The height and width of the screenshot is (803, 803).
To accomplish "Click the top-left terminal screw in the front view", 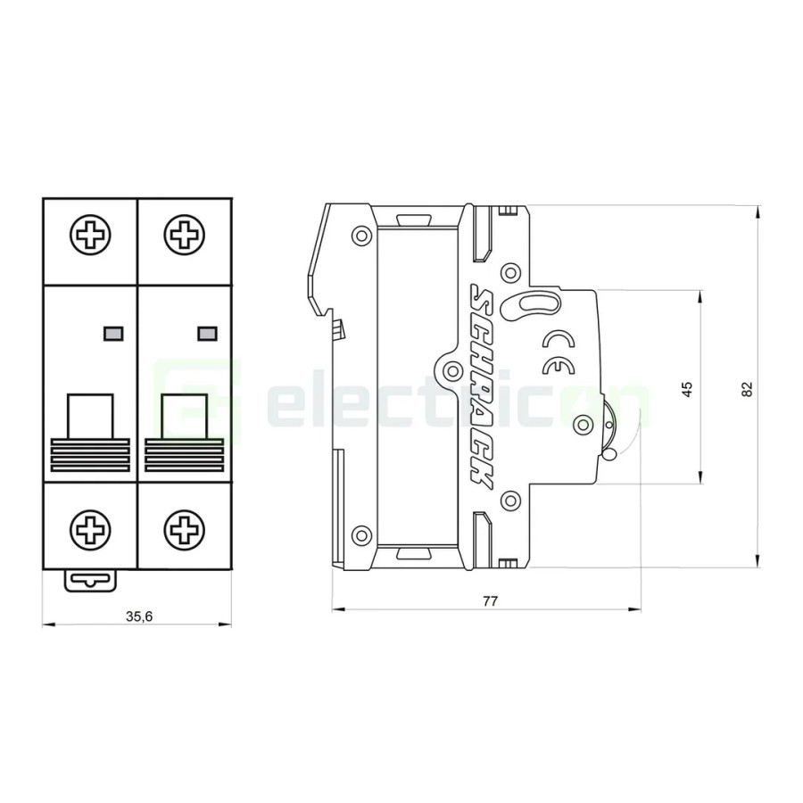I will coord(90,236).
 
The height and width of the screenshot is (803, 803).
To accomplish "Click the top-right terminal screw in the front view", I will coord(184,236).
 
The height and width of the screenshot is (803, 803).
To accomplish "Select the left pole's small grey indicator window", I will coord(113,334).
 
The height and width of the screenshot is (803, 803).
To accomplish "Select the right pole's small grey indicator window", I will coord(206,334).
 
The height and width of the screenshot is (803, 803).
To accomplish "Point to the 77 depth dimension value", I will coord(489,600).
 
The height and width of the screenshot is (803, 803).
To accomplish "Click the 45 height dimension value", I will coord(686,388).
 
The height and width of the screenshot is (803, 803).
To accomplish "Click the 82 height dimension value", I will coord(747,388).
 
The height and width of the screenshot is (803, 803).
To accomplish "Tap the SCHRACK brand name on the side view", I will coord(482,385).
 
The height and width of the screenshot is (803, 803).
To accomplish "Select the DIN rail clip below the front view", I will coord(90,580).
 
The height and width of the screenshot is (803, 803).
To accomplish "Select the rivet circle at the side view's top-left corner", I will coord(361,236).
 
